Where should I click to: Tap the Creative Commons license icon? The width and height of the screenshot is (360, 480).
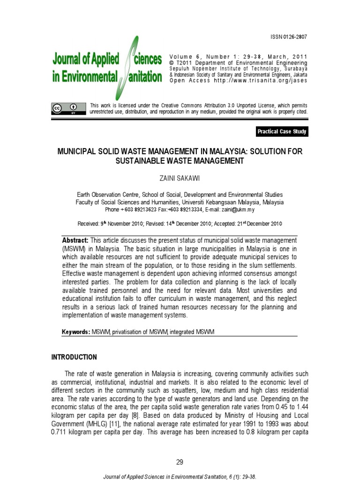click(x=68, y=108)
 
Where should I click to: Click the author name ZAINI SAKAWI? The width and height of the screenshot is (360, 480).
click(x=180, y=179)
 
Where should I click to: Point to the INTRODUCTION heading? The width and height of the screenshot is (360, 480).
click(x=74, y=357)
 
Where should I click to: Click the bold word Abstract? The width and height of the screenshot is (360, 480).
click(x=75, y=240)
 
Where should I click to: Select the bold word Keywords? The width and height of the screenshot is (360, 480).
click(x=76, y=332)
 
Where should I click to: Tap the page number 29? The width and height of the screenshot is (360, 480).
click(x=180, y=462)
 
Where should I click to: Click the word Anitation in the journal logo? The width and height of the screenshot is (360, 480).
click(x=146, y=77)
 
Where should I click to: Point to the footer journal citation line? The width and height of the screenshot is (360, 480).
click(x=180, y=476)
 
